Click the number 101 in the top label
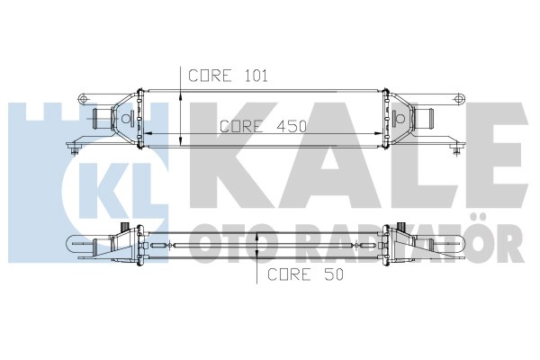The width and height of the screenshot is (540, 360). click(256, 76)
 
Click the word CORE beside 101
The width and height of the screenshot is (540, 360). click(210, 76)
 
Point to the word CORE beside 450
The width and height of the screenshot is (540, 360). click(241, 126)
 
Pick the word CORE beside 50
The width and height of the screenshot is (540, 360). click(289, 274)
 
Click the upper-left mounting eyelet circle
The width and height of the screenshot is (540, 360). click(83, 99)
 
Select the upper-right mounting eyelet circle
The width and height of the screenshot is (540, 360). click(458, 99)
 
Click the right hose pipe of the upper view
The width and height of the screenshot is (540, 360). click(424, 118)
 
